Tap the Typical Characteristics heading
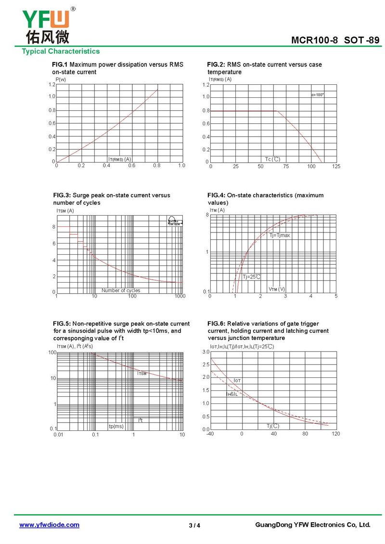[61, 52]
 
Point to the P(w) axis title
[61, 79]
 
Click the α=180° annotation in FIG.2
[317, 95]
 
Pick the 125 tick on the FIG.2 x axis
[336, 167]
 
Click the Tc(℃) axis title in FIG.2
[272, 159]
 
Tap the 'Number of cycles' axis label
[121, 290]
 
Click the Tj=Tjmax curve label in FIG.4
[280, 235]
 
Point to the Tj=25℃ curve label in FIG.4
[251, 277]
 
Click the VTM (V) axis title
[277, 289]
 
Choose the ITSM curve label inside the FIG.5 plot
[142, 374]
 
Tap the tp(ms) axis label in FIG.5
[116, 426]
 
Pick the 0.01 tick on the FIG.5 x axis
[58, 435]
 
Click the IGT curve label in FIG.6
[237, 381]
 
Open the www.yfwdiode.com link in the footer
[49, 525]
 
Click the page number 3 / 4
[194, 526]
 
